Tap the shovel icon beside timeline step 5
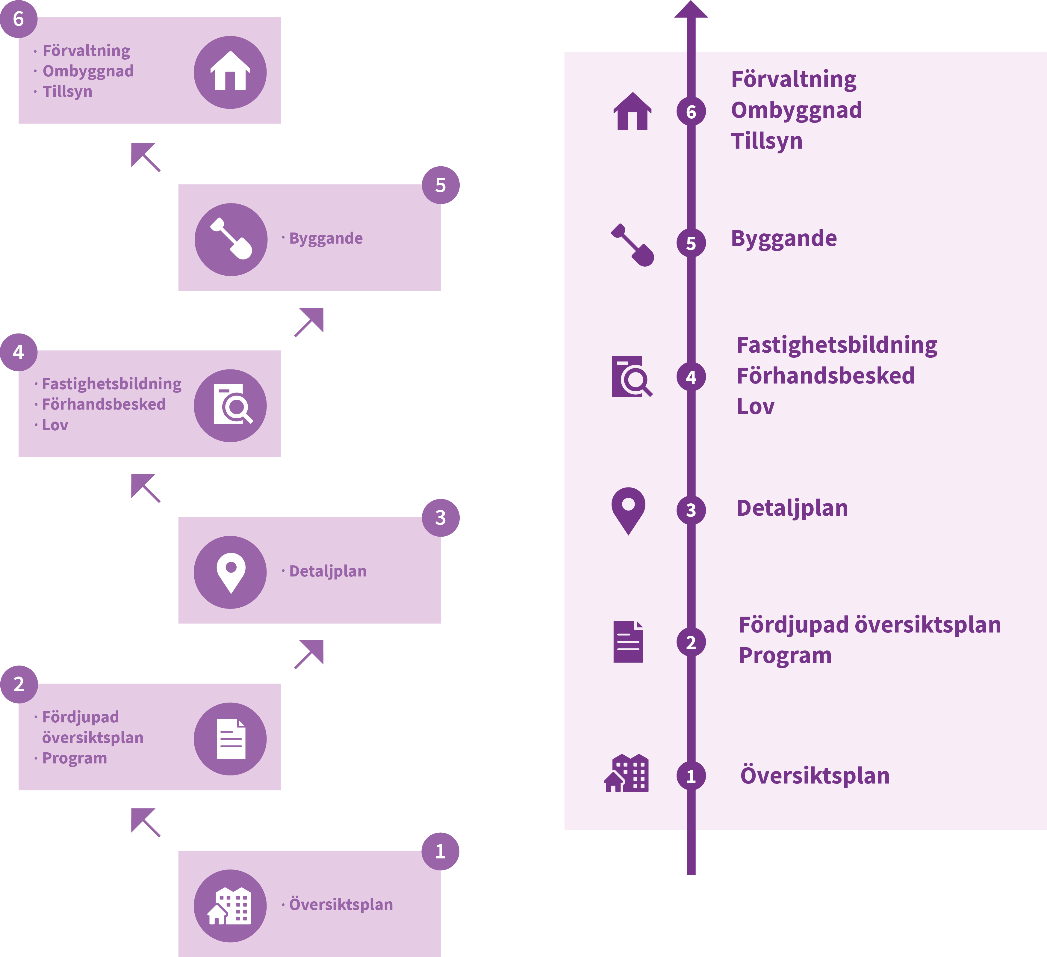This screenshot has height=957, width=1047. [633, 245]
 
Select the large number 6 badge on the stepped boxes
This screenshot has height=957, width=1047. [19, 19]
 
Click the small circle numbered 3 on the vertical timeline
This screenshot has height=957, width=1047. [691, 510]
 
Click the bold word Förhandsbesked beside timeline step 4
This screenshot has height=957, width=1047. [825, 376]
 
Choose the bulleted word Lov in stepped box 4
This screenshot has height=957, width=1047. [55, 425]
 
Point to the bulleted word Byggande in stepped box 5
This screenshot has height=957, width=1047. [326, 239]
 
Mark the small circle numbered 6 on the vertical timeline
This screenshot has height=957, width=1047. [691, 112]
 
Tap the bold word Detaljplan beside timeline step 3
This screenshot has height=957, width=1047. [792, 508]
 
